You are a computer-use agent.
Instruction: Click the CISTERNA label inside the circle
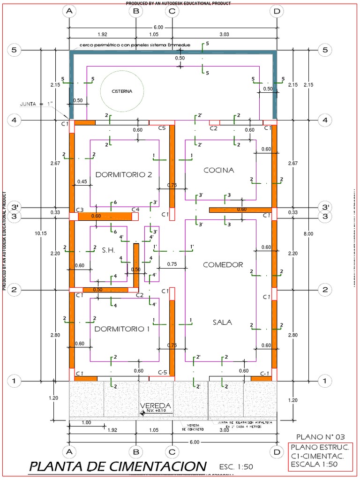(x=121, y=91)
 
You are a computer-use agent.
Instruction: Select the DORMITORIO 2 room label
(x=124, y=174)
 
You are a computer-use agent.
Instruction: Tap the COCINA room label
(x=218, y=170)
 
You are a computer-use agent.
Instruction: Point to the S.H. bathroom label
(x=108, y=250)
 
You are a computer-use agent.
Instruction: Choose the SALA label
(x=222, y=322)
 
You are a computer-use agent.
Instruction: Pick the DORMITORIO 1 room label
(x=122, y=329)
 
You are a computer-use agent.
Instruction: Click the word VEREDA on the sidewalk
(x=156, y=405)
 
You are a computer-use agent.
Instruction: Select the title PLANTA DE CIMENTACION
(x=117, y=466)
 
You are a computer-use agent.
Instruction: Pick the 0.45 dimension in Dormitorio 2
(x=82, y=181)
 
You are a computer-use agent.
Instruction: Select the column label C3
(x=80, y=210)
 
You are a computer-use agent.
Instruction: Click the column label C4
(x=135, y=210)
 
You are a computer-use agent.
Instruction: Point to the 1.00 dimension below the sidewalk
(x=86, y=422)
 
